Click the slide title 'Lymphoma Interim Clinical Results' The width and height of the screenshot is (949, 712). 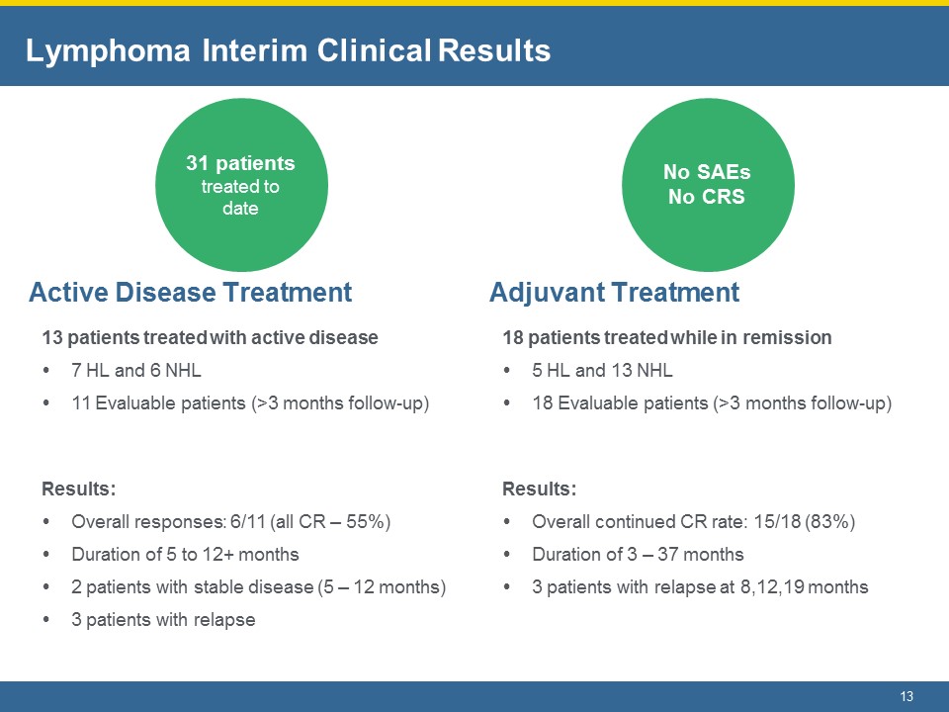288,50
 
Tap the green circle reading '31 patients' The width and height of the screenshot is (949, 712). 241,185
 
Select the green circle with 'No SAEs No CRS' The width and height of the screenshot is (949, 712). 708,185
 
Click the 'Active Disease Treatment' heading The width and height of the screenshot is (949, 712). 190,293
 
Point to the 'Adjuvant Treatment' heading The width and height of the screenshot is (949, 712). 614,293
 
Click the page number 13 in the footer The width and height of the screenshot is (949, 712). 906,696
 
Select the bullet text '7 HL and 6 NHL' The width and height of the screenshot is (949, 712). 136,370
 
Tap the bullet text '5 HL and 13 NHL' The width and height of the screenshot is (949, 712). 602,370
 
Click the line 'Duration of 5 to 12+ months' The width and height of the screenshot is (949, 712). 185,554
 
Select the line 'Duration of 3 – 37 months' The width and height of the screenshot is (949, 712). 638,554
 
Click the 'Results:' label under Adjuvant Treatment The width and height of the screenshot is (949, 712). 540,489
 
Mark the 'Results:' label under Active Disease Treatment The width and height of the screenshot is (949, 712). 79,489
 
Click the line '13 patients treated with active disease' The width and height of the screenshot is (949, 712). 210,337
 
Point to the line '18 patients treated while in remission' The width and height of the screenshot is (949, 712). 667,337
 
